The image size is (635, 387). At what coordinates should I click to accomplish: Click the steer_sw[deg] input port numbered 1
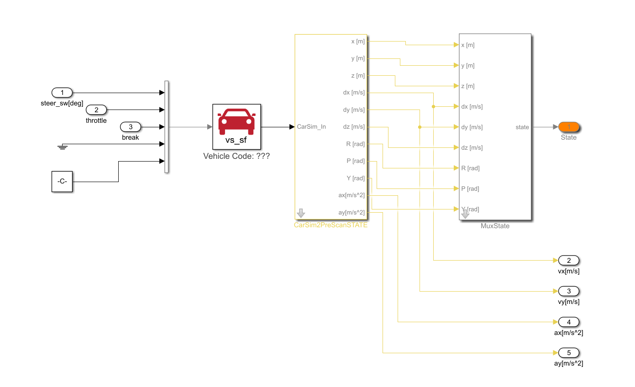[x=62, y=93]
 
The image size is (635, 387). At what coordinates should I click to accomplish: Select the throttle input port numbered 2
[x=96, y=110]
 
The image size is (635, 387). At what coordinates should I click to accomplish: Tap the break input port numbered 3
[x=131, y=126]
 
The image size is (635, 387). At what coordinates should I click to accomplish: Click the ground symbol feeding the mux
[x=63, y=146]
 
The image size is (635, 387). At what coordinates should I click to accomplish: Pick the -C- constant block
[x=62, y=181]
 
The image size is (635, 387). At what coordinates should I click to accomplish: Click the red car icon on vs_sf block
[x=236, y=121]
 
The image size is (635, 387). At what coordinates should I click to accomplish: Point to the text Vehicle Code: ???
[x=236, y=156]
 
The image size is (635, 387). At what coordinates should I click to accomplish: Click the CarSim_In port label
[x=311, y=127]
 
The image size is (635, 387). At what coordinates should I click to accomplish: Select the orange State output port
[x=568, y=127]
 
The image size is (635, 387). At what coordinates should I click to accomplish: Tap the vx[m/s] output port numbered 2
[x=568, y=261]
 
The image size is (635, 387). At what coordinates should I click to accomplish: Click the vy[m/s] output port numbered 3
[x=568, y=291]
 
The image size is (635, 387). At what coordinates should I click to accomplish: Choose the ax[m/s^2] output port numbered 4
[x=568, y=322]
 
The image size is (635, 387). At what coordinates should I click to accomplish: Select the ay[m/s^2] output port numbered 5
[x=568, y=353]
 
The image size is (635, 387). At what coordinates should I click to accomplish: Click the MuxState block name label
[x=495, y=226]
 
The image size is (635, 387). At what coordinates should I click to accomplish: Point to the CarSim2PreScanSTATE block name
[x=331, y=225]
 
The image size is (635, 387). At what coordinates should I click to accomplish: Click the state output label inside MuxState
[x=522, y=127]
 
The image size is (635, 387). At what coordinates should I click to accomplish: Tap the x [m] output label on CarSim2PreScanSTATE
[x=357, y=42]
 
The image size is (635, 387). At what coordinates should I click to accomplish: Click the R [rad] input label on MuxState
[x=470, y=168]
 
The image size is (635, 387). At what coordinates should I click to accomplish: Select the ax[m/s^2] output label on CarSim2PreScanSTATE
[x=351, y=195]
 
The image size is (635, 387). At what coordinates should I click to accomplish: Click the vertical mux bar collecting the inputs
[x=167, y=127]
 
